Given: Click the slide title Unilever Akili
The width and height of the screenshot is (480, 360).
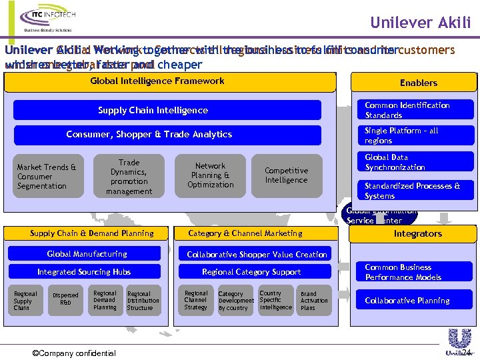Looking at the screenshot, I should click(x=420, y=23).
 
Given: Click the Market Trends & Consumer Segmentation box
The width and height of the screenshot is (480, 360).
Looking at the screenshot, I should click(x=47, y=177).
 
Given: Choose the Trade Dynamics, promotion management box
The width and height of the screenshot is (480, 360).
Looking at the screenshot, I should click(x=129, y=177).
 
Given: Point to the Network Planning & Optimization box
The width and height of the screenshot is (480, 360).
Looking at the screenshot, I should click(x=211, y=175).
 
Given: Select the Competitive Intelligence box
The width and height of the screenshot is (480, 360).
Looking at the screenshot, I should click(x=286, y=175).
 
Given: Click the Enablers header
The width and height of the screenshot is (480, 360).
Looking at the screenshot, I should click(x=418, y=83).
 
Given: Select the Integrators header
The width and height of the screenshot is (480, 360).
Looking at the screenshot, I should click(x=418, y=234).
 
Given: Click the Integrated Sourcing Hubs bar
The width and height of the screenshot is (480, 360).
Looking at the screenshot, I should click(x=84, y=272).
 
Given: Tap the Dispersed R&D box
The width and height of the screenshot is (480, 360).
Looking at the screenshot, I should click(x=65, y=299).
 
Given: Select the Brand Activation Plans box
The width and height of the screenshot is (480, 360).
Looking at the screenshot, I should click(x=314, y=301).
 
